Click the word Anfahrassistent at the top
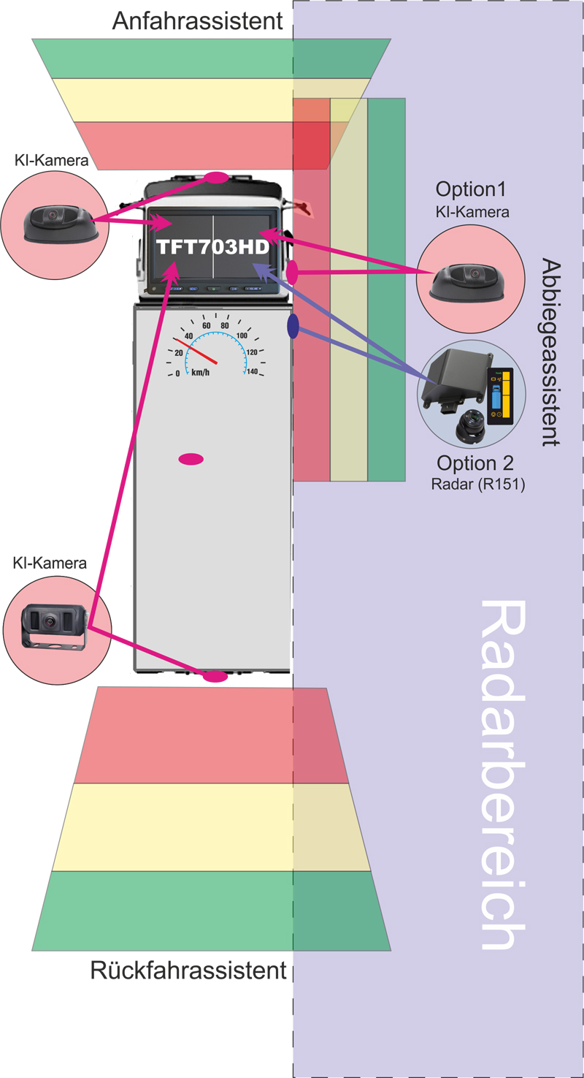point(197,21)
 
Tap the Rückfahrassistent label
point(188,971)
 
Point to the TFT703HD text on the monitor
point(212,247)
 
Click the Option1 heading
point(472,189)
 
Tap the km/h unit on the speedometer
point(201,372)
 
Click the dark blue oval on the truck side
point(293,327)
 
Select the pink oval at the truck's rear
point(215,677)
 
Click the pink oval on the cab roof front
point(217,177)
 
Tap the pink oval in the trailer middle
point(191,459)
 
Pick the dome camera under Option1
point(464,282)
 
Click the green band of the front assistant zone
point(212,58)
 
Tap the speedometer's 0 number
point(177,374)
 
